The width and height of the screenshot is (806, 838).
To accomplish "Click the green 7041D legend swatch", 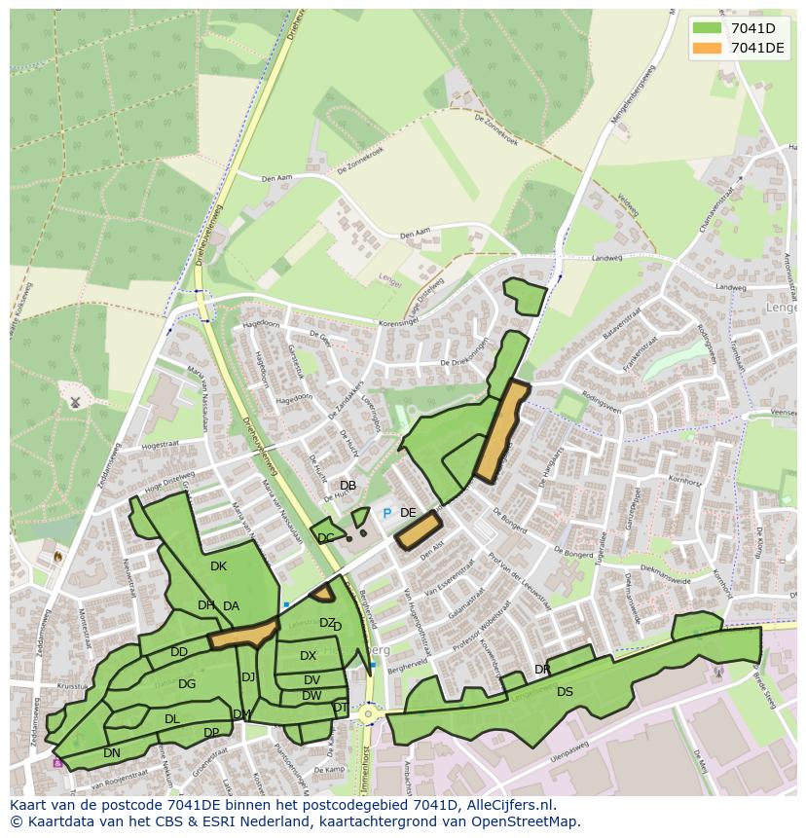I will coord(708,28).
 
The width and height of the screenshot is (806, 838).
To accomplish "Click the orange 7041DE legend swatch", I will coord(708,48).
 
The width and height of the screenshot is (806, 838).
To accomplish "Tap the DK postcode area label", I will coord(218,566).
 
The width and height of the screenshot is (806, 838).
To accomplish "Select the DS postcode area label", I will coord(565,692).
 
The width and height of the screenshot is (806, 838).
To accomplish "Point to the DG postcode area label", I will coord(187,684).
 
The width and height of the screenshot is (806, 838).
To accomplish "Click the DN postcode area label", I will coord(112,752).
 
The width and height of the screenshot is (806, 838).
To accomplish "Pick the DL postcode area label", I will coord(171,719).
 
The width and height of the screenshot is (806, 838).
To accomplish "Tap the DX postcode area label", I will coord(308,656).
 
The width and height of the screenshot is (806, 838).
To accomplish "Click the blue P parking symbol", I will coord(386,513).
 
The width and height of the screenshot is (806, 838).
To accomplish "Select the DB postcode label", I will coord(348,486).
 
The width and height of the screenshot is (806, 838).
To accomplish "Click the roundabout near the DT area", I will coord(368,713).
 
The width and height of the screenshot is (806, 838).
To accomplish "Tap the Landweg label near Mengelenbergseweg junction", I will coord(606,258).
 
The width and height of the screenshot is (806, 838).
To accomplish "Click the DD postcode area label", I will coord(179,652).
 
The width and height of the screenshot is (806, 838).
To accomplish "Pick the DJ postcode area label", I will coord(248,677).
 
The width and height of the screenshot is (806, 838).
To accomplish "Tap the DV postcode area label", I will coord(311,680).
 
